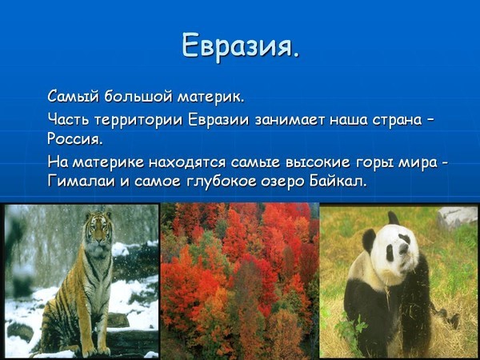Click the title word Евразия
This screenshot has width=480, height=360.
(240, 46)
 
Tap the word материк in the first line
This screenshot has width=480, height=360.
(211, 98)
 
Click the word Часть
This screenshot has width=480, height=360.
(68, 119)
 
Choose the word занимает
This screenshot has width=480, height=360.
(290, 120)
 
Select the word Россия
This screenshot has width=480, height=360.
(74, 139)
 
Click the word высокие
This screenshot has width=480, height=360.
(318, 162)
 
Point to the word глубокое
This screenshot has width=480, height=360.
(221, 182)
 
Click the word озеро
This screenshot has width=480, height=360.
(283, 183)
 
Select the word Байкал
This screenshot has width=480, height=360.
(338, 182)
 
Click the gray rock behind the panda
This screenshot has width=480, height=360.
(456, 217)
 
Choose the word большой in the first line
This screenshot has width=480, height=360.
(139, 98)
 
